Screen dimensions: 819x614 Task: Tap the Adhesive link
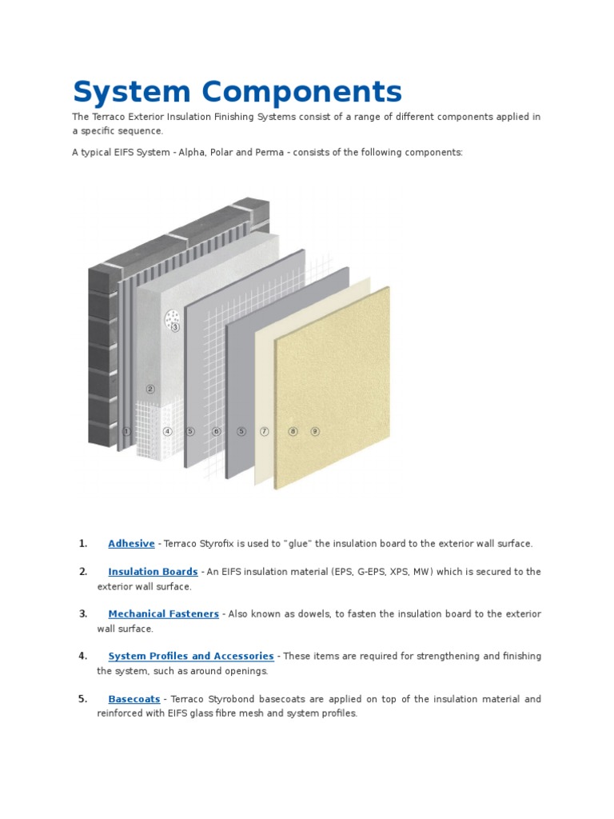point(131,544)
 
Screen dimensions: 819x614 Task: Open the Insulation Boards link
point(153,572)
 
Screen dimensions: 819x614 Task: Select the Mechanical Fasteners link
point(163,614)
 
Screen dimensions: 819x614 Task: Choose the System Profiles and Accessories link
point(191,657)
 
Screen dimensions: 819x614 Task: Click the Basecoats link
point(134,699)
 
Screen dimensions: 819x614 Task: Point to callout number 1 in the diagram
point(126,431)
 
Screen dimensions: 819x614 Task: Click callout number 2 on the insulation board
point(150,390)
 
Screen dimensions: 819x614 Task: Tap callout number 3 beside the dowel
point(175,327)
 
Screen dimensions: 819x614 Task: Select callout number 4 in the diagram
point(167,431)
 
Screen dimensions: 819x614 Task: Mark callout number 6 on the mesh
point(216,431)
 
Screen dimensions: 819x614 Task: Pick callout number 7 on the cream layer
point(265,431)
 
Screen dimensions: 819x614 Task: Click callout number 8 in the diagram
point(293,431)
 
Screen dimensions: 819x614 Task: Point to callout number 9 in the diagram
point(315,431)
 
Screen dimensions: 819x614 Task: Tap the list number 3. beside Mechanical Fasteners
point(82,614)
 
